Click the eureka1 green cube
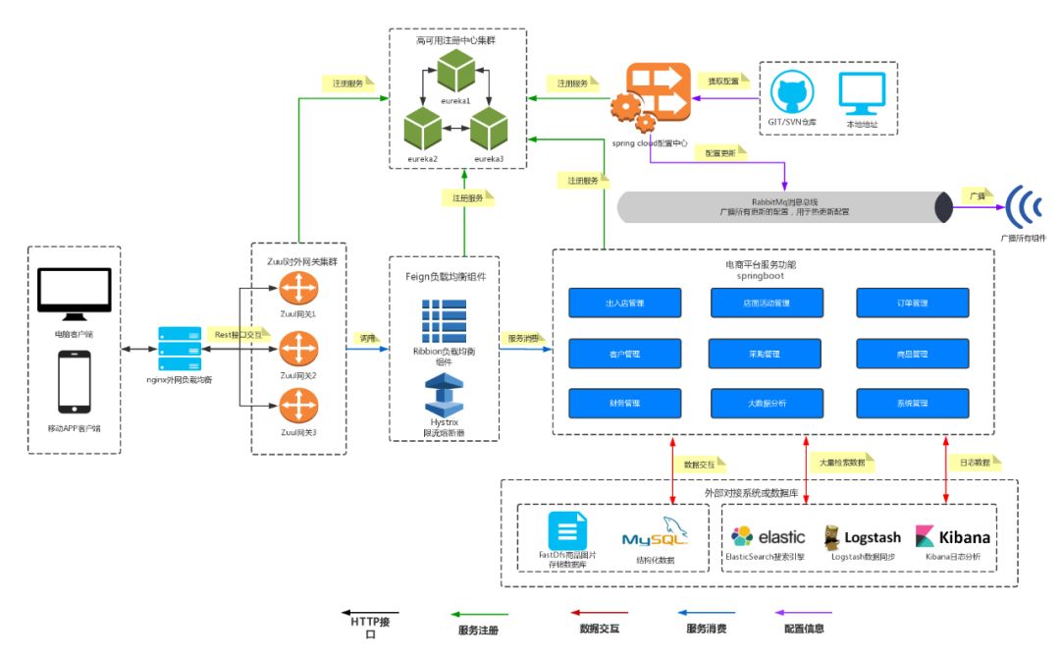pos(455,72)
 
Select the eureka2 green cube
pos(423,130)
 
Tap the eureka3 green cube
pos(488,130)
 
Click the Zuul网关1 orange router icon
pos(293,290)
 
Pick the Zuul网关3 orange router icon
pos(293,404)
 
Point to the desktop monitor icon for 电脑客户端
pos(75,296)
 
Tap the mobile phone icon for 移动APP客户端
pos(75,383)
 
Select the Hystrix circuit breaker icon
pos(445,395)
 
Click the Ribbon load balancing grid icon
pos(445,321)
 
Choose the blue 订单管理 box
pos(913,302)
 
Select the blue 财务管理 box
pos(624,404)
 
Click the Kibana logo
pos(953,536)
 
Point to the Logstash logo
pos(859,536)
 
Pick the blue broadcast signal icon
pos(1024,205)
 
